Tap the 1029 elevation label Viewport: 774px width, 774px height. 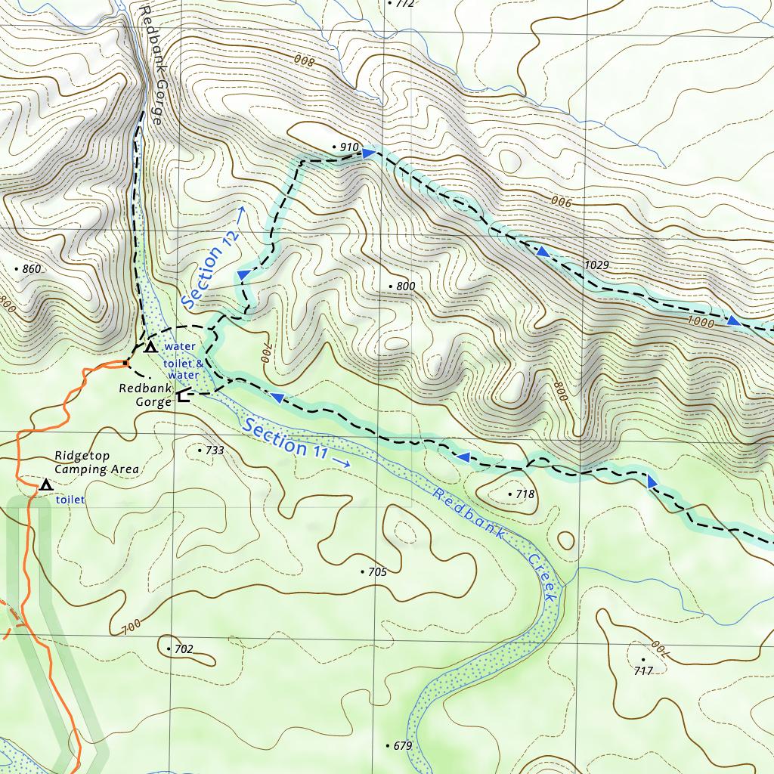(596, 265)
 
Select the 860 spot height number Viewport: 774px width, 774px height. (31, 269)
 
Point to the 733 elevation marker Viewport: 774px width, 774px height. (214, 450)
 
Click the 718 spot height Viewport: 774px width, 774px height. (525, 494)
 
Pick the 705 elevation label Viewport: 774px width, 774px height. (376, 572)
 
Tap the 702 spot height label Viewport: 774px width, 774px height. (183, 649)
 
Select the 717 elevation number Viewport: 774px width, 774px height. (643, 670)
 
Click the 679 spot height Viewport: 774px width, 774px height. (402, 746)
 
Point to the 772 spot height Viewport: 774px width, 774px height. (404, 4)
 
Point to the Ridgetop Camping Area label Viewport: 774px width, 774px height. (97, 463)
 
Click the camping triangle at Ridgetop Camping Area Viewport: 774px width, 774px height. (46, 485)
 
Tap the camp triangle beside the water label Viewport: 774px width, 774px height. (150, 347)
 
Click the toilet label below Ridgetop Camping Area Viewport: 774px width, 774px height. (70, 500)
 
